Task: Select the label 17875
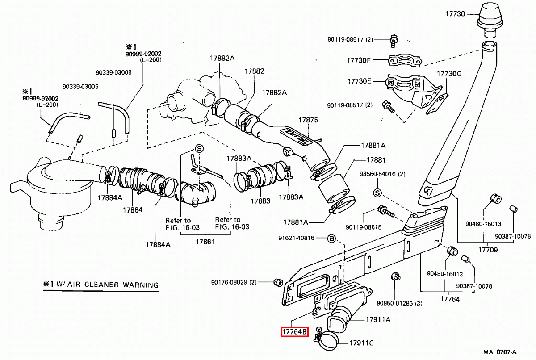coord(308,120)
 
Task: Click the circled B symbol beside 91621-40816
coord(332,238)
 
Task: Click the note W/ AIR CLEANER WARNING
coord(101,284)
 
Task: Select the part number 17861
coord(205,242)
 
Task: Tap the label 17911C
coord(361,343)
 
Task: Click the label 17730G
coord(449,74)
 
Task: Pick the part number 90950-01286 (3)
coord(399,303)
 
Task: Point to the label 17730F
coord(359,59)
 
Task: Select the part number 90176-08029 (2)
coord(234,282)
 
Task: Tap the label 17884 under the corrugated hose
coord(133,209)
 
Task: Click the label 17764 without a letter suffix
coord(450,299)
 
